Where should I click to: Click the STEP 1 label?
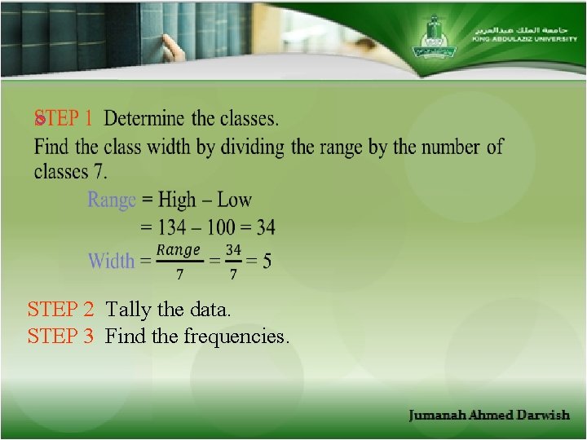(x=63, y=119)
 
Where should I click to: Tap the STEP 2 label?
(x=60, y=310)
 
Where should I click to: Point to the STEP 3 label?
(x=60, y=336)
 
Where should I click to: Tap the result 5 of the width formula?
(x=267, y=261)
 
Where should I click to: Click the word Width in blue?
(x=111, y=261)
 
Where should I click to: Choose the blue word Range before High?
(x=111, y=200)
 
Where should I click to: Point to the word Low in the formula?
(x=235, y=200)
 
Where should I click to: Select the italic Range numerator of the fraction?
(x=179, y=250)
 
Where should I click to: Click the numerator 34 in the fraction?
(x=233, y=250)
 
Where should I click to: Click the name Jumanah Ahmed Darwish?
(x=489, y=416)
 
